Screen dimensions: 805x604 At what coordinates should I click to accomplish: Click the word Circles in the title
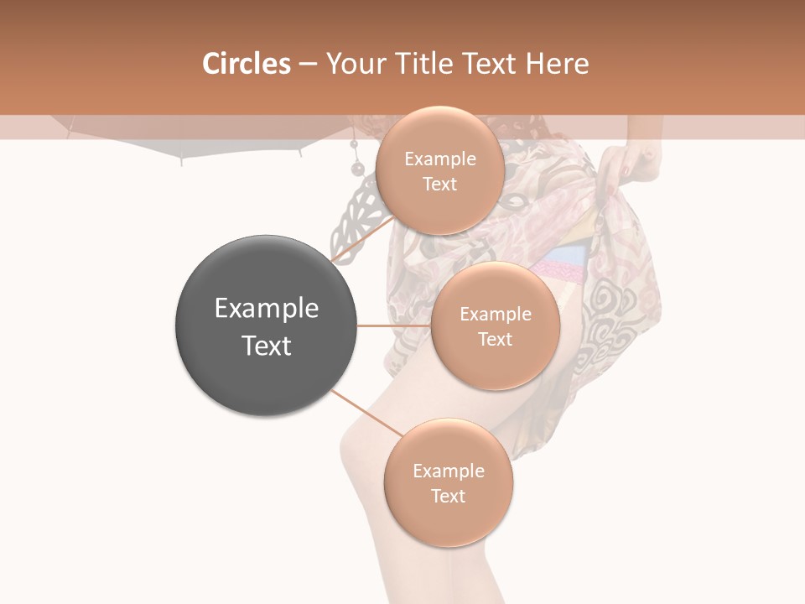click(x=247, y=64)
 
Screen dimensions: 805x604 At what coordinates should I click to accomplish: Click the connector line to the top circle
click(x=362, y=240)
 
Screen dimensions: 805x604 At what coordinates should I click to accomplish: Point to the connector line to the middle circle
click(x=393, y=325)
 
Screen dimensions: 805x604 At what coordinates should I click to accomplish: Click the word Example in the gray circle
click(x=267, y=309)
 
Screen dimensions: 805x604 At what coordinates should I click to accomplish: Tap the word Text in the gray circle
click(x=267, y=346)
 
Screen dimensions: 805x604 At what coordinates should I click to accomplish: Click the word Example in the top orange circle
click(x=439, y=159)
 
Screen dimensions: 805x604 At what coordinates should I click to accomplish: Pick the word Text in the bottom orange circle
click(x=448, y=496)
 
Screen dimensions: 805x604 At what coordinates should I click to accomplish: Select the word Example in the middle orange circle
click(x=495, y=315)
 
